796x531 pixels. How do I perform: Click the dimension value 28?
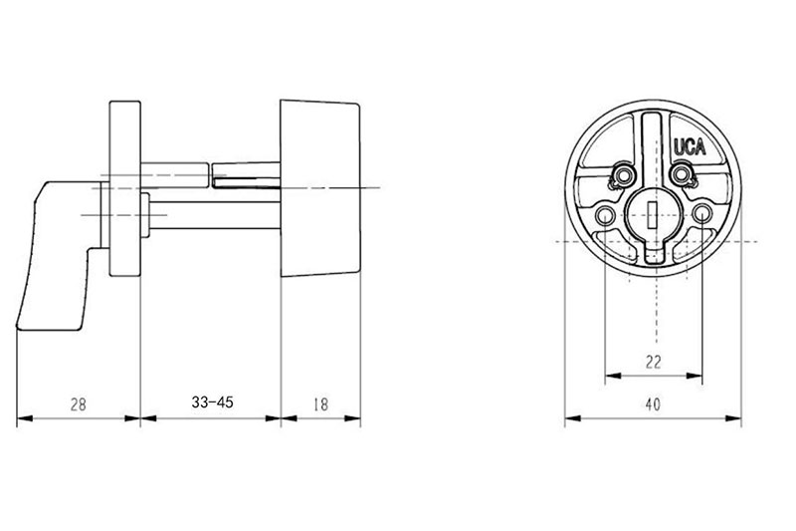tap(79, 404)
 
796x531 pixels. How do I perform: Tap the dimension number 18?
tap(320, 404)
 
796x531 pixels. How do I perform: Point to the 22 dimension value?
tap(654, 363)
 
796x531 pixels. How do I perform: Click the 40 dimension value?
tap(654, 404)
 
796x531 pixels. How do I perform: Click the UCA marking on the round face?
tap(690, 146)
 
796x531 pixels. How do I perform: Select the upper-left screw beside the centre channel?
tap(624, 175)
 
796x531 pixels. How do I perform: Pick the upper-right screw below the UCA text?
tap(682, 175)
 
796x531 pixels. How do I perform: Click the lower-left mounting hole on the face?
tap(605, 215)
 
